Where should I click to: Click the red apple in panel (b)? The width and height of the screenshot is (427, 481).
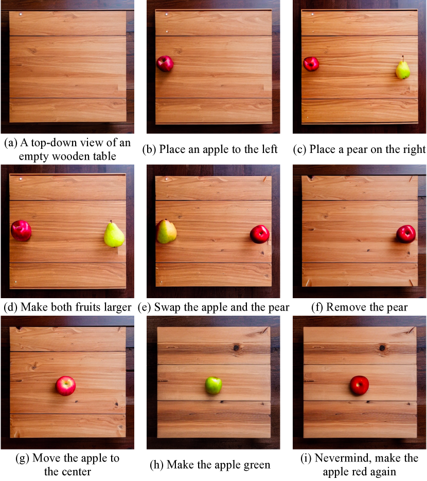[x=165, y=64]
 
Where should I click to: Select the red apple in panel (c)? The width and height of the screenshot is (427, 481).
[x=311, y=64]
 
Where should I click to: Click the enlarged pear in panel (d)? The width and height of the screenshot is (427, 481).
[x=114, y=234]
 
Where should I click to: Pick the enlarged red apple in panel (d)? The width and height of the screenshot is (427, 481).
[x=21, y=231]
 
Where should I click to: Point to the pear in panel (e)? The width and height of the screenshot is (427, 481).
[x=166, y=232]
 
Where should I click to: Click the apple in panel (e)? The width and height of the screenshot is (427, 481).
[x=260, y=234]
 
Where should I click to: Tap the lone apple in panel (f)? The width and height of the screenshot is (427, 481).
[x=406, y=234]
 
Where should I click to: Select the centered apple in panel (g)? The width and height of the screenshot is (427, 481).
[x=66, y=386]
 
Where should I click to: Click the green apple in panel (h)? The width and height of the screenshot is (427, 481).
[x=213, y=386]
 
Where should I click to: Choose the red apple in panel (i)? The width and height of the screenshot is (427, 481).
[x=360, y=385]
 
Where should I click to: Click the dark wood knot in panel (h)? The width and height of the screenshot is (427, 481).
[x=236, y=348]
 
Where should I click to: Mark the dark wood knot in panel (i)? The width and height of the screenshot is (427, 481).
[x=382, y=348]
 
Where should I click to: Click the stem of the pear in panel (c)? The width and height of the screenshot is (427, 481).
[x=403, y=58]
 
